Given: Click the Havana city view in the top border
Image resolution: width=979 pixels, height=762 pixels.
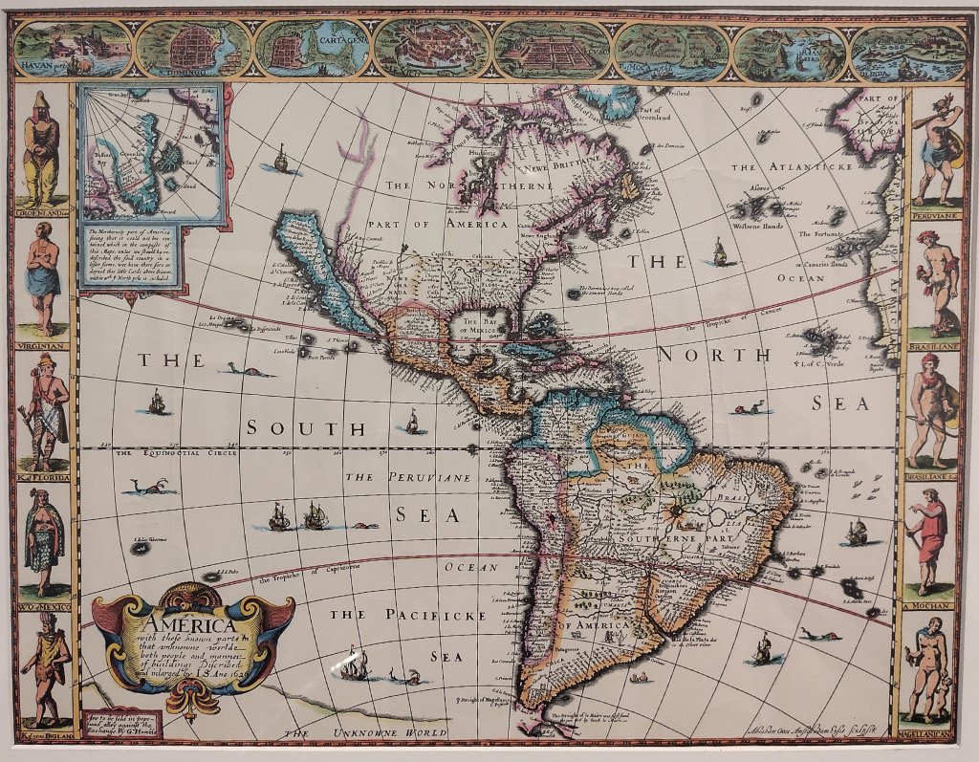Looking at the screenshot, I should (73, 50).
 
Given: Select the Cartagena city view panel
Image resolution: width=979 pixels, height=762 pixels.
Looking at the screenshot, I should (313, 50).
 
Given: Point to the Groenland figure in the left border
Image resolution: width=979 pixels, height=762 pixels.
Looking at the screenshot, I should (41, 148).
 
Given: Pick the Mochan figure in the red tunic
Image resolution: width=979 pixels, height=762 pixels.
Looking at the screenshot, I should (928, 540).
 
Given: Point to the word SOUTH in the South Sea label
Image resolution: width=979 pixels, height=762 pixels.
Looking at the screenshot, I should (293, 428).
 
